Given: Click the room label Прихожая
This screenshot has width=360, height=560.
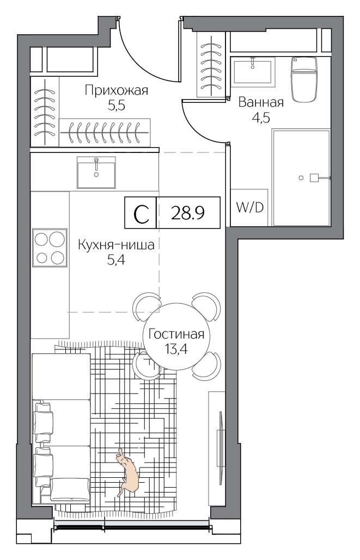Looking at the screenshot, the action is click(x=116, y=90).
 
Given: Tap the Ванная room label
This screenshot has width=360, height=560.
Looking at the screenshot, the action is click(x=261, y=102).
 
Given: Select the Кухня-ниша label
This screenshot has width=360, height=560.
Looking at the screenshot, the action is click(x=116, y=245).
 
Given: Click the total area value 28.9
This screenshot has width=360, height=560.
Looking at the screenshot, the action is click(x=188, y=213).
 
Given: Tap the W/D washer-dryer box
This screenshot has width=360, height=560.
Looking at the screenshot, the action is click(x=249, y=207).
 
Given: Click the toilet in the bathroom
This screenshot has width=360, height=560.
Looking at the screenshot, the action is click(x=304, y=79).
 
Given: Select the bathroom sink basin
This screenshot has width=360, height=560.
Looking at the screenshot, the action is click(x=253, y=71).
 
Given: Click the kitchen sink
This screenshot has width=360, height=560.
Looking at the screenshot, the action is click(x=96, y=172).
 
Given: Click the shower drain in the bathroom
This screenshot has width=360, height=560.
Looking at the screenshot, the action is click(x=301, y=177).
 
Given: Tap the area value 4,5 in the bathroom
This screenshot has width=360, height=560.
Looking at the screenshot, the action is click(x=261, y=117).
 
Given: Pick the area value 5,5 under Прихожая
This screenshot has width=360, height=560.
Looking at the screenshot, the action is click(x=116, y=106).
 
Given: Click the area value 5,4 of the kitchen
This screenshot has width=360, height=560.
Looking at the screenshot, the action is click(x=116, y=260).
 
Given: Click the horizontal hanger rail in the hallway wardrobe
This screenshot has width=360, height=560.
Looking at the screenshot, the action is click(x=105, y=132).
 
